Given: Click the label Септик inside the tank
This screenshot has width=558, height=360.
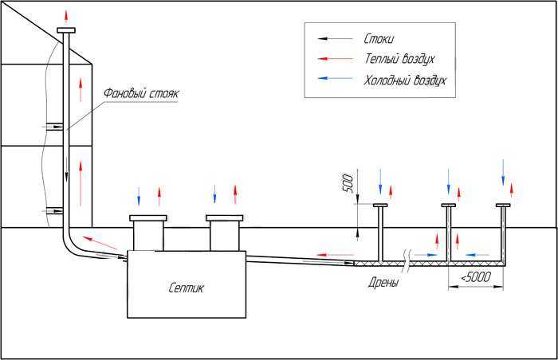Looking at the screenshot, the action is (186, 288).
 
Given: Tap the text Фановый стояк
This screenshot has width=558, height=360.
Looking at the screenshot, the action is (141, 93).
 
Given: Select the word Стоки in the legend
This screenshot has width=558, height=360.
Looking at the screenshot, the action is (379, 38).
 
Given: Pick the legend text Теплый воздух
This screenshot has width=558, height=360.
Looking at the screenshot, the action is (399, 59).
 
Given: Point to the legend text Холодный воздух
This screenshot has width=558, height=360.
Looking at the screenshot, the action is (405, 80).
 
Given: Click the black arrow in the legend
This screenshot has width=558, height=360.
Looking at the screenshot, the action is (336, 38).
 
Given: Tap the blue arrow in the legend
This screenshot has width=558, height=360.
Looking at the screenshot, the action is (336, 78).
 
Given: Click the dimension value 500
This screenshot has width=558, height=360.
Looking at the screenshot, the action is (348, 183).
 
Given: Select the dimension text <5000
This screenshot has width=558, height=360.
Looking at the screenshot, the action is (476, 276).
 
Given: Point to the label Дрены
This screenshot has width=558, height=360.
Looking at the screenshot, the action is (383, 283).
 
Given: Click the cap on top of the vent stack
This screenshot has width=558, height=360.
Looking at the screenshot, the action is (66, 30).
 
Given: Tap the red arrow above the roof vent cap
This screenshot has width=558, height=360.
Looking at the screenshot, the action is (66, 17).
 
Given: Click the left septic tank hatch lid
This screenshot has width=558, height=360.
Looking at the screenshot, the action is (148, 217).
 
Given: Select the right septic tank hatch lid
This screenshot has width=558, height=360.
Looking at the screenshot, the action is (225, 217).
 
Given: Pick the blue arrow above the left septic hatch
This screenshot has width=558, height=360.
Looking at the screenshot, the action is (139, 197).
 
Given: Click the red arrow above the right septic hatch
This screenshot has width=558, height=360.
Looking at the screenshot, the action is (235, 195).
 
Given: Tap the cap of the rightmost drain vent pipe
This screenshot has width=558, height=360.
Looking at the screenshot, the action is (503, 205).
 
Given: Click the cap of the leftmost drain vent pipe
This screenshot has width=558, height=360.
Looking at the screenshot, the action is (380, 205).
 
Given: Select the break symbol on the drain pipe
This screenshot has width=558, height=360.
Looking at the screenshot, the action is (407, 261).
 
